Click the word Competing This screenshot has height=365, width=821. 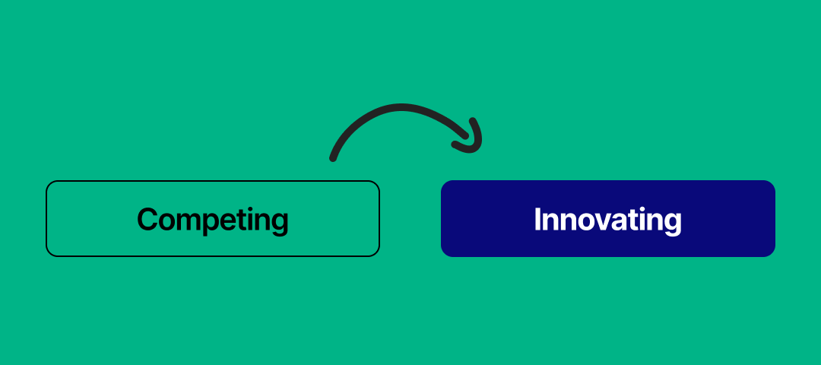pos(213,220)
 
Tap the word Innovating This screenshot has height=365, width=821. pos(607,220)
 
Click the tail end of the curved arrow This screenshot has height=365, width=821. pos(333,158)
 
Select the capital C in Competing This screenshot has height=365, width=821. pos(147,220)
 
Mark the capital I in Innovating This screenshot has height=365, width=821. pos(537,220)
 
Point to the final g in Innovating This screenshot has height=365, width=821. pos(672,223)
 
